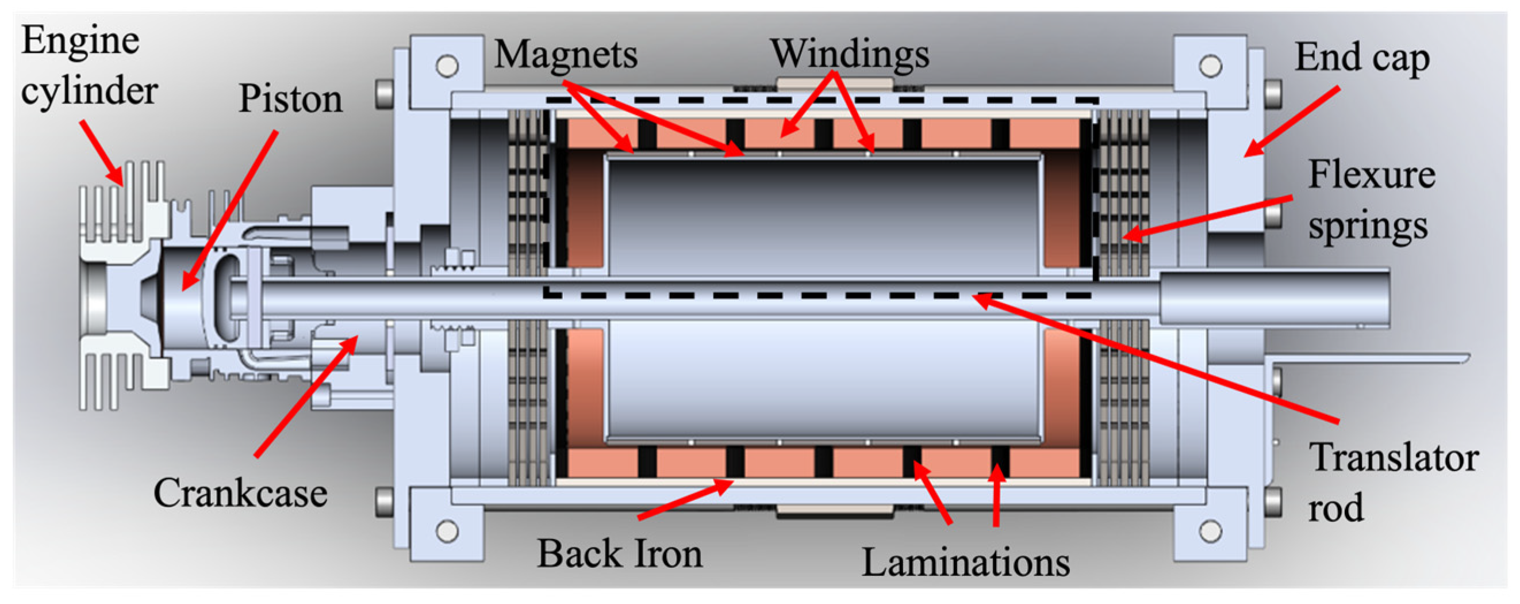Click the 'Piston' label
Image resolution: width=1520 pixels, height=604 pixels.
pos(290,98)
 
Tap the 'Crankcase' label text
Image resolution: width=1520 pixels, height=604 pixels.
pos(240,492)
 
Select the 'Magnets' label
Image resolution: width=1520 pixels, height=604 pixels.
pos(566,54)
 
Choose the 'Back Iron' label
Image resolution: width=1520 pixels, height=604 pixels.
pos(620,554)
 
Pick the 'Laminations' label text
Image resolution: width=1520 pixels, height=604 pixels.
pos(965,562)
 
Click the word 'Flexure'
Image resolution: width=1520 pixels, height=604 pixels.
pos(1371,175)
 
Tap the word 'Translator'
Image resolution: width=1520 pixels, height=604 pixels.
pos(1394,457)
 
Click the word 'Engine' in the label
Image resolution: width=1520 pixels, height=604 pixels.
pos(81,41)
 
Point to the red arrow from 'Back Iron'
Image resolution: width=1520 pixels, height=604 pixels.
pos(685,500)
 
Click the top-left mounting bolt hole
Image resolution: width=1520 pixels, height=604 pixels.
pos(447,66)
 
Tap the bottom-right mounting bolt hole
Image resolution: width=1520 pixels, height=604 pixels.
pos(1210,530)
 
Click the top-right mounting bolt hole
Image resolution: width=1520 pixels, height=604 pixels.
pos(1210,66)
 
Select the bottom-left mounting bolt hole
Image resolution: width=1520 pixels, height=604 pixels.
pos(447,530)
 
